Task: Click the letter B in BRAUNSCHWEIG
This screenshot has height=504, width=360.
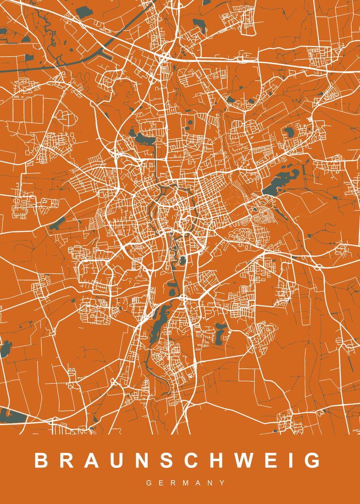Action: (x=42, y=460)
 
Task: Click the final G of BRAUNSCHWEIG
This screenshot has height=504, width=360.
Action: (x=312, y=460)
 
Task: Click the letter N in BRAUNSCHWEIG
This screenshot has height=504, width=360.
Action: (x=134, y=460)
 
